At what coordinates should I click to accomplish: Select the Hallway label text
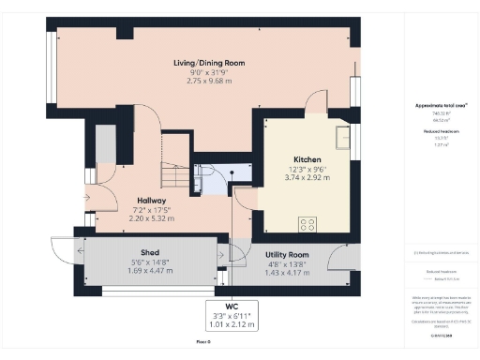151,201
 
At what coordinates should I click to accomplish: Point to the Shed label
150,252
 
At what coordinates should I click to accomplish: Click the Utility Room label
287,254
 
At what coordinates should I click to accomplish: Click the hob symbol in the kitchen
307,224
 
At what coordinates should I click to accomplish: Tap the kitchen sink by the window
343,139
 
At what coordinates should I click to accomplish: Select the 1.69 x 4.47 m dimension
150,271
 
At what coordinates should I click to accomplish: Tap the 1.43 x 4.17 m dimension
287,272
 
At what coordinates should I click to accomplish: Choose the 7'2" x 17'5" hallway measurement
151,210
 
